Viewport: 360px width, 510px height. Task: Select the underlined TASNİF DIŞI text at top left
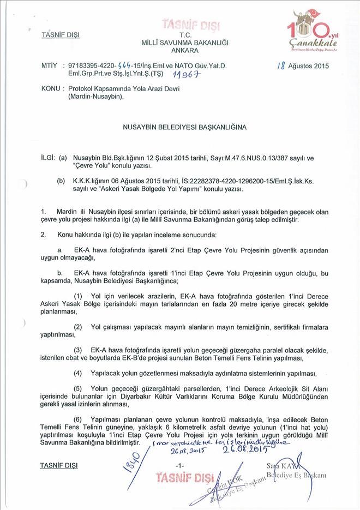tap(60, 35)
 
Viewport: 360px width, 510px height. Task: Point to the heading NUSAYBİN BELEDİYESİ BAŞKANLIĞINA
tap(180, 127)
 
